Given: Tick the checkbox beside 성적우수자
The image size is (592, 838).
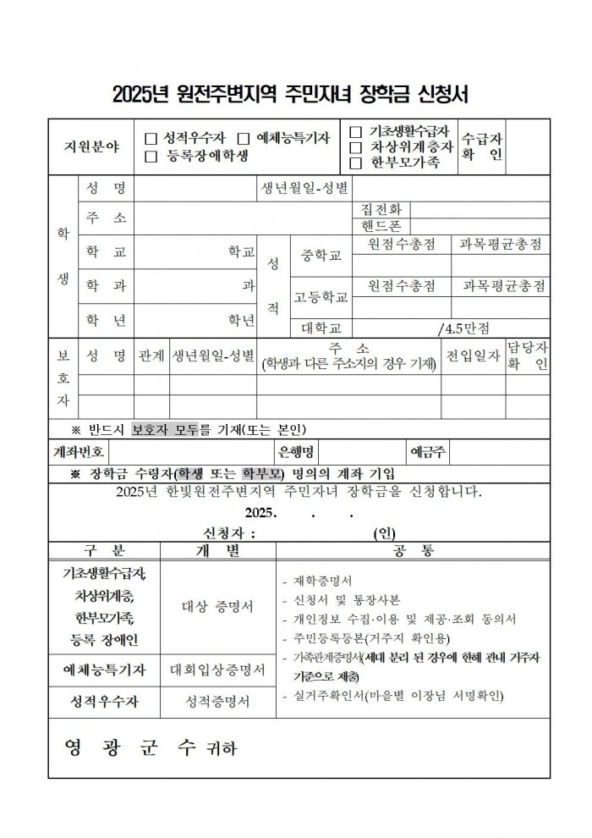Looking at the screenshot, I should [151, 138].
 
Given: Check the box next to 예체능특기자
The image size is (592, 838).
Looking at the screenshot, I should [244, 138].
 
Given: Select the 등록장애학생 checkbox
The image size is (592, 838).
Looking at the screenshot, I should [151, 156].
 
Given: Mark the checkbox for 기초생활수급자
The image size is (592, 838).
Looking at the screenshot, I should [355, 131].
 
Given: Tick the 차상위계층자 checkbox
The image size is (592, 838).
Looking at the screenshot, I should [355, 146].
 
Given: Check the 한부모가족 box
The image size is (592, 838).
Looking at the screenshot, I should [355, 162].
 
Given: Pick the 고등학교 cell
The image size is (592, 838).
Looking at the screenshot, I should [321, 297].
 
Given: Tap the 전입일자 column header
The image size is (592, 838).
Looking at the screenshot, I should [474, 356].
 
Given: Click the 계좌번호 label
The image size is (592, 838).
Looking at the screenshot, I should [77, 450].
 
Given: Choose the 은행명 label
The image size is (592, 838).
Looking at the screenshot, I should [296, 450].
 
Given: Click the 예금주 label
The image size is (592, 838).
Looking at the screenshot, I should [428, 450].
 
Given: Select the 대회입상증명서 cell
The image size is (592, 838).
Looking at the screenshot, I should [217, 670].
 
